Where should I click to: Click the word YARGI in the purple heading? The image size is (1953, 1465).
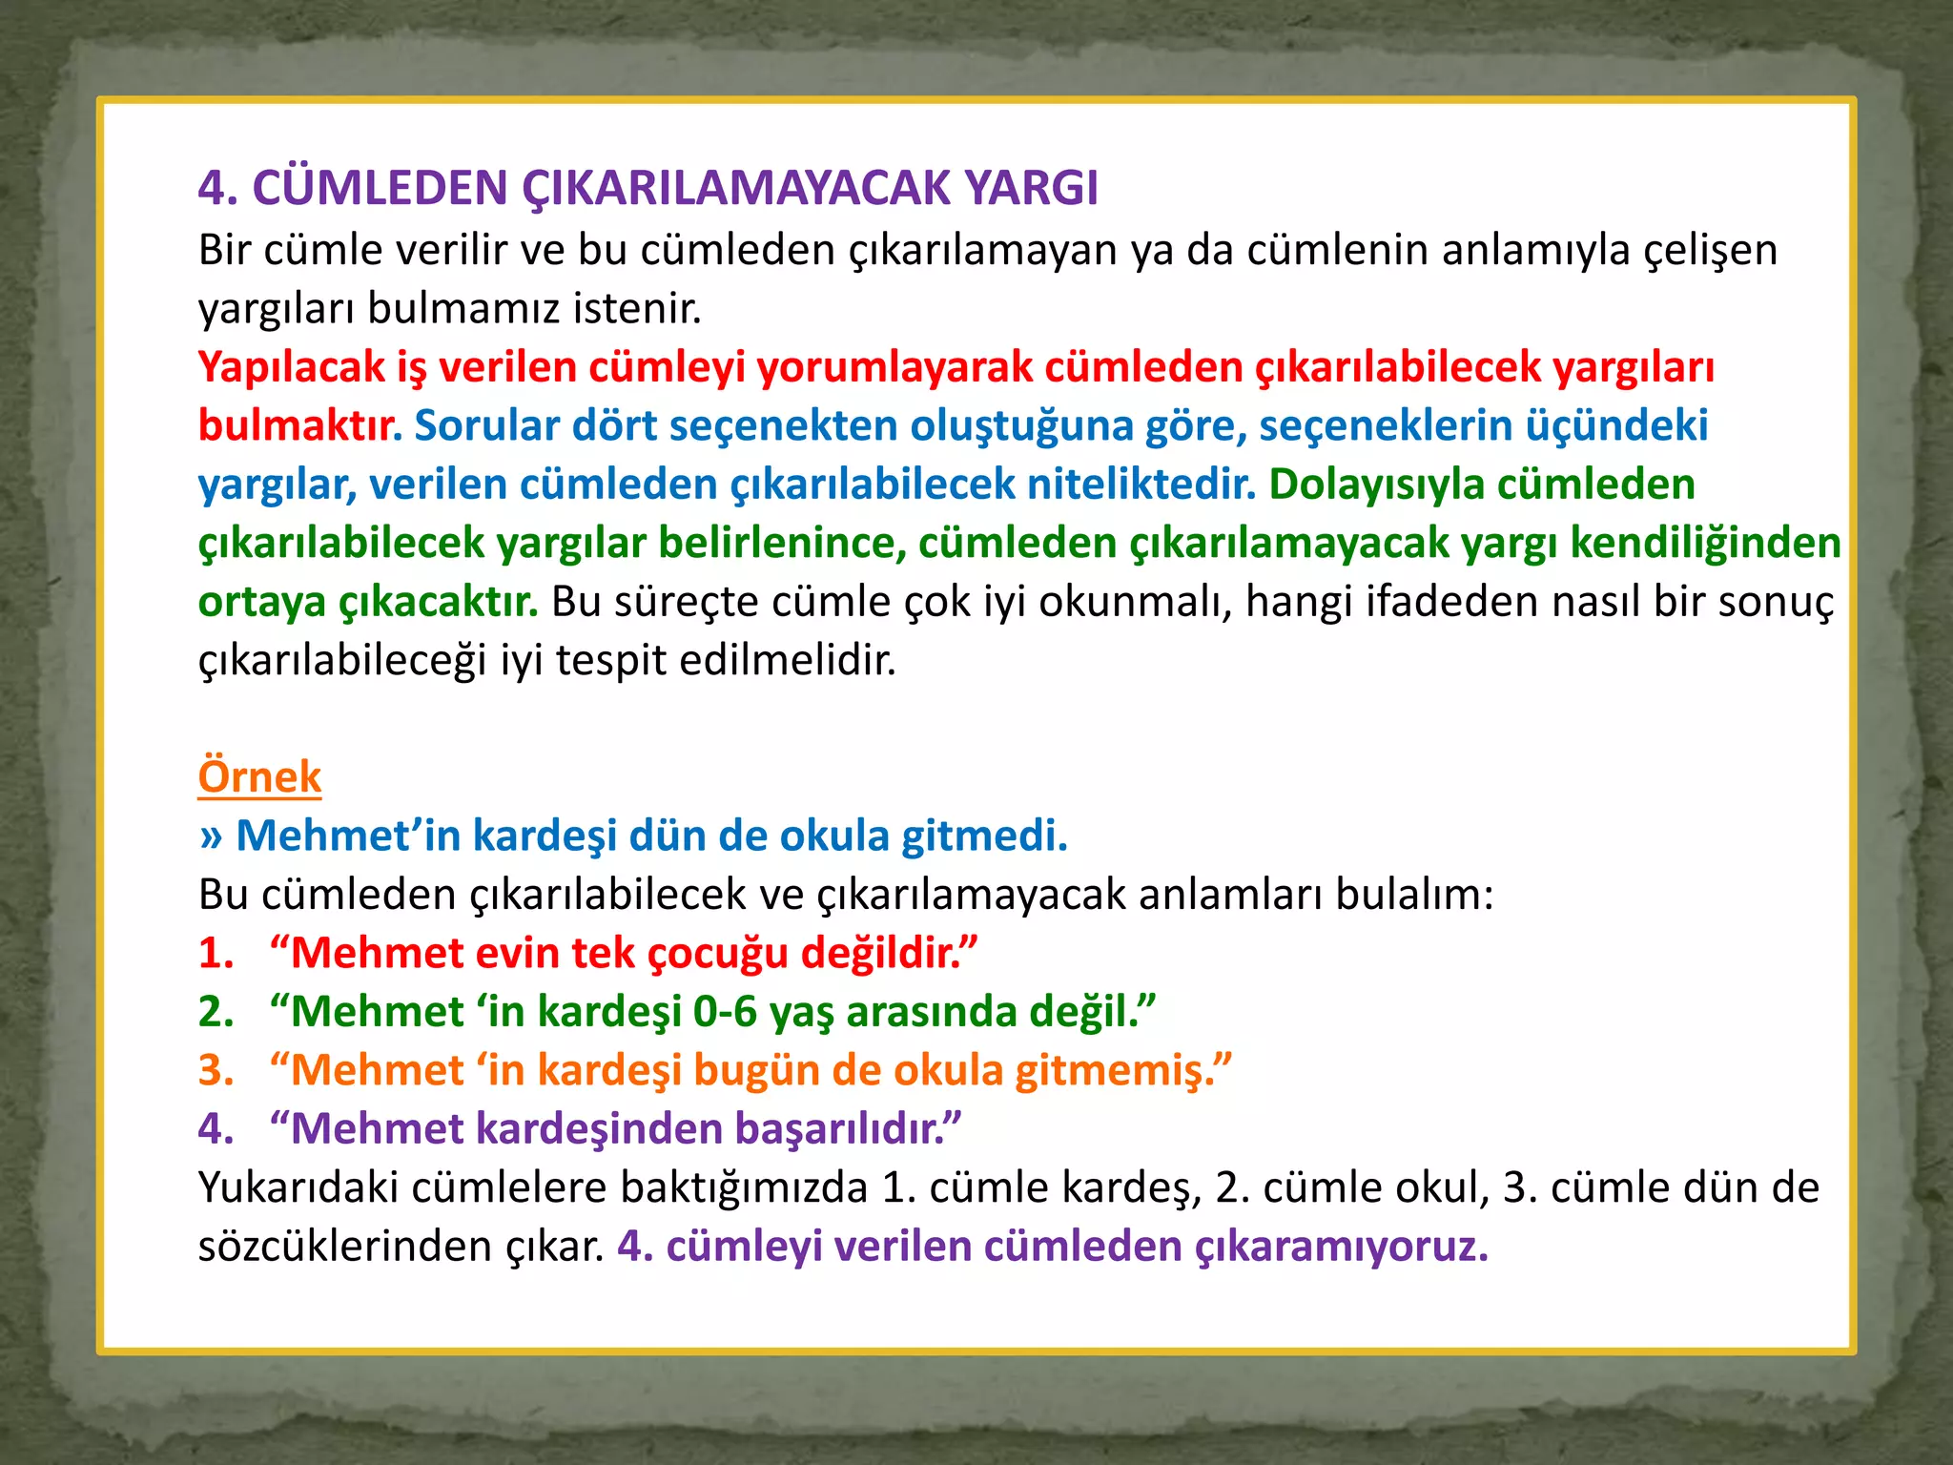(1031, 188)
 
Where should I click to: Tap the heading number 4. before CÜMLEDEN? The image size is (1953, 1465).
(217, 188)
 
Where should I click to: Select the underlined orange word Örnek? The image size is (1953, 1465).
(259, 776)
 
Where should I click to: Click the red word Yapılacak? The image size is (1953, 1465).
(291, 367)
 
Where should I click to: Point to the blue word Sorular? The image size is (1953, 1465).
(486, 425)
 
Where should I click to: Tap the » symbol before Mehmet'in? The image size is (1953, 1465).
(211, 836)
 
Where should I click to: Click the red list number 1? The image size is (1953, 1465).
(216, 953)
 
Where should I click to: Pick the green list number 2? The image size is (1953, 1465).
(216, 1012)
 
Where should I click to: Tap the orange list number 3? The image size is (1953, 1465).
(216, 1070)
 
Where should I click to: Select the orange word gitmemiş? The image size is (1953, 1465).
(1116, 1070)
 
